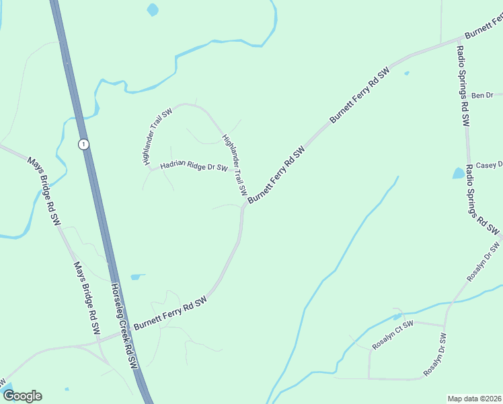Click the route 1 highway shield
point(83,144)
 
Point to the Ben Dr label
point(482,96)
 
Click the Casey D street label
point(489,165)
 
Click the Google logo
point(22,395)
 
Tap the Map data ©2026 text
point(474,398)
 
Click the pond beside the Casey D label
point(459,173)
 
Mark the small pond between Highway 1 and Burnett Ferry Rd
point(137,276)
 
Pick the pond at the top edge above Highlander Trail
point(153,9)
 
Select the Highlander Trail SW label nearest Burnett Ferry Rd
point(235,165)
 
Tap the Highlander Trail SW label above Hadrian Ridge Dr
point(153,139)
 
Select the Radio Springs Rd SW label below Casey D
point(483,199)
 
